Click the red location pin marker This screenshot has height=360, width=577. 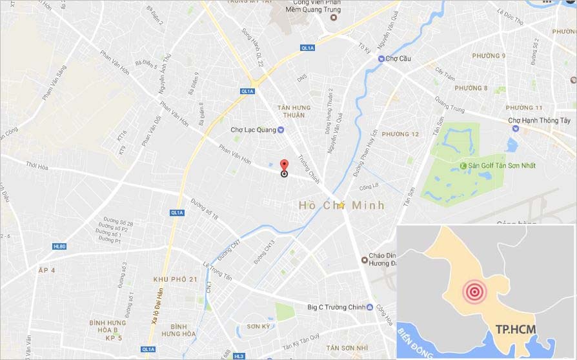point(284,164)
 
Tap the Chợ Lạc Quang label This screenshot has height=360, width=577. point(253,130)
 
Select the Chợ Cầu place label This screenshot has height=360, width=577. point(398,59)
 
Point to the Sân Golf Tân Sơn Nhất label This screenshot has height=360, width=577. point(502,166)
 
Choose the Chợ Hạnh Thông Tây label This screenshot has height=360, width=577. point(540,121)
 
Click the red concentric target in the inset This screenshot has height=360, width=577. point(474,292)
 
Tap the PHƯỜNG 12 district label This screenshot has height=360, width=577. point(400,134)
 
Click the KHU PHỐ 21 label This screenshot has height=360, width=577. point(175,279)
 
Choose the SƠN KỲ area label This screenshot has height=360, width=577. point(258,326)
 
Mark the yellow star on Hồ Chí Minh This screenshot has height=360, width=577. point(341,205)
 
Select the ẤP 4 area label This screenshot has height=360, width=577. point(47,270)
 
